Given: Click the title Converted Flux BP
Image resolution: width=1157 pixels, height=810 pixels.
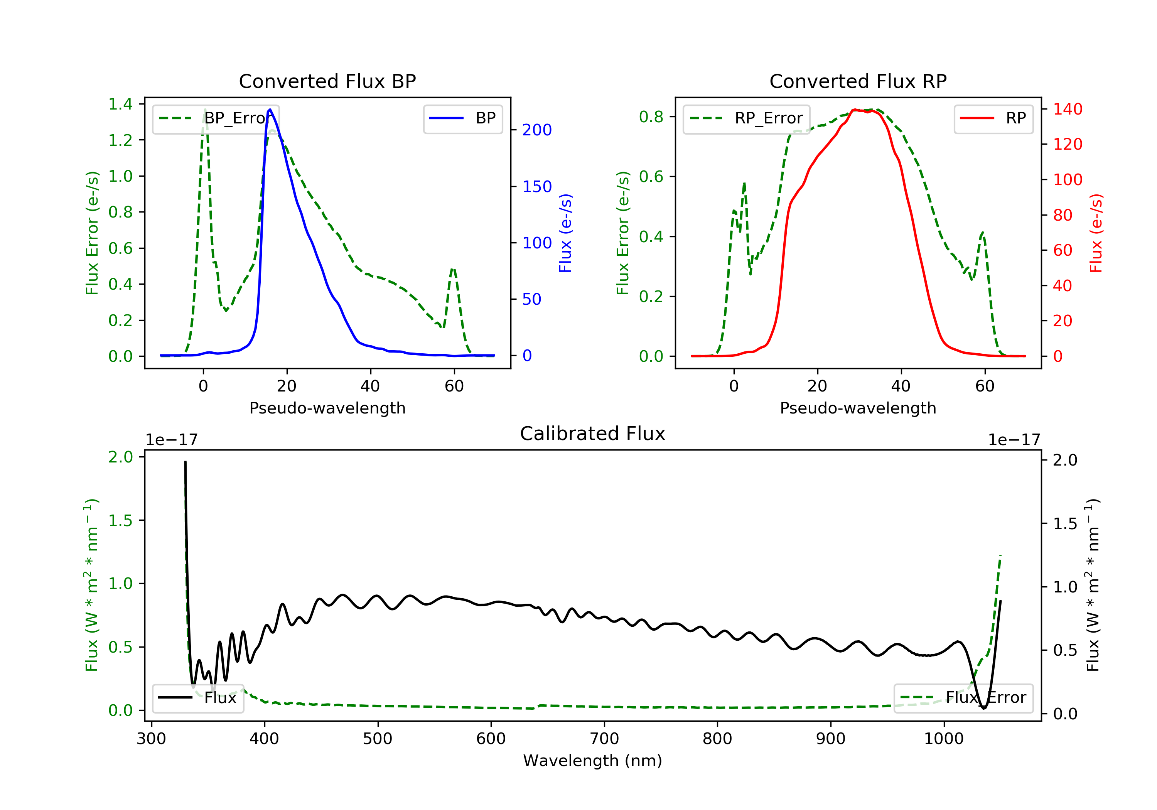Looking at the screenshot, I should [x=327, y=81].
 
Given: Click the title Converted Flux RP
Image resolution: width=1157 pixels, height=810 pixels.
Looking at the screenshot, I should [x=858, y=81].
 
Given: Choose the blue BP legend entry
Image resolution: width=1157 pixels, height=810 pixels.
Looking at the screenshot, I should [x=462, y=118].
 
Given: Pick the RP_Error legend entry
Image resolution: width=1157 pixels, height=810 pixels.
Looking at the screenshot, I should [x=746, y=118].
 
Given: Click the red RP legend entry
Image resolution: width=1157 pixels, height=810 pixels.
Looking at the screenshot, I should [x=993, y=118].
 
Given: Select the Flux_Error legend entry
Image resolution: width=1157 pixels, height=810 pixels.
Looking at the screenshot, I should [x=963, y=698].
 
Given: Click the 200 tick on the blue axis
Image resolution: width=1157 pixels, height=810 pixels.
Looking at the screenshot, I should [x=537, y=130].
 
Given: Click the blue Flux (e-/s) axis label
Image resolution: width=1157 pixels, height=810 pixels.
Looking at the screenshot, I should [x=565, y=233].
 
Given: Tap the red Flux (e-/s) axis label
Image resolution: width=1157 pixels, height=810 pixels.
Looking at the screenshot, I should [x=1096, y=233].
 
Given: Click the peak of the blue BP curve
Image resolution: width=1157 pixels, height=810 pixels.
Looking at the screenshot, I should [x=270, y=110].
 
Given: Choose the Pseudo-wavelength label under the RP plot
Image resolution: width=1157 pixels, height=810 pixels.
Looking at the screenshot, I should [x=858, y=408].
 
